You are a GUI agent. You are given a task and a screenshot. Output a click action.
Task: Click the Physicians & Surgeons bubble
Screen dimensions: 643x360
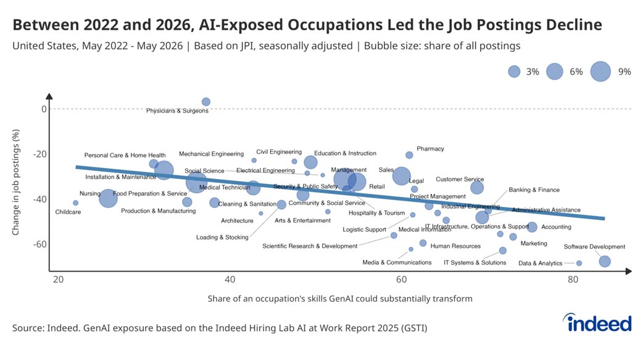tap(206, 102)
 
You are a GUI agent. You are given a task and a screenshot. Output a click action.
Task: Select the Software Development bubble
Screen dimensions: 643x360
tap(605, 261)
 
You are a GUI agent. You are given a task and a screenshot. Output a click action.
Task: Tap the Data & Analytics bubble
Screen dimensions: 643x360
tap(579, 263)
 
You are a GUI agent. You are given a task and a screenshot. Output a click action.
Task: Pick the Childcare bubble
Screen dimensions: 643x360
tap(75, 203)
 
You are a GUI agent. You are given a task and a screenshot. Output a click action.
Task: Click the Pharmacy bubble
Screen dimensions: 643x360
tap(409, 155)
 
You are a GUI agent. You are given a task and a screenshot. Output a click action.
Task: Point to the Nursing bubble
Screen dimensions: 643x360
tap(108, 198)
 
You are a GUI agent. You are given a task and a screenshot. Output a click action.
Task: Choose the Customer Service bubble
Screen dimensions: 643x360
tap(476, 188)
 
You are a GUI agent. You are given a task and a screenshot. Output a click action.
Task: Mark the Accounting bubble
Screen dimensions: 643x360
tap(532, 227)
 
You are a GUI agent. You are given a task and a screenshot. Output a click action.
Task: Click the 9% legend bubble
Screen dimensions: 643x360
tap(600, 72)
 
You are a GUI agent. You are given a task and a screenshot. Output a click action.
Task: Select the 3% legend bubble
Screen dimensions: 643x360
tap(514, 72)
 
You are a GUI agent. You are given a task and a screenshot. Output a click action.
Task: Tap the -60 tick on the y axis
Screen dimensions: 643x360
tap(39, 245)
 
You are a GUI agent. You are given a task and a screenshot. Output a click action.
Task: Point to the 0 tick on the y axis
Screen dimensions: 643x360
tap(44, 109)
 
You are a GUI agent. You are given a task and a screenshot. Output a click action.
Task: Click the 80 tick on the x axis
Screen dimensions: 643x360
tap(573, 280)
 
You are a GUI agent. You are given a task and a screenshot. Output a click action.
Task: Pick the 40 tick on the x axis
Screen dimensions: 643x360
tap(230, 280)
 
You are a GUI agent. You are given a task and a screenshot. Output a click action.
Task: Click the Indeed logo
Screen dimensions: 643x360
tap(597, 323)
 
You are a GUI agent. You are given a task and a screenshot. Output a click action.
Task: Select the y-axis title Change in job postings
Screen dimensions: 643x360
tap(16, 182)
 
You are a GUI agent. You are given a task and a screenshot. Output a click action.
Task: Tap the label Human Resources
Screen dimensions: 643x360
tap(455, 246)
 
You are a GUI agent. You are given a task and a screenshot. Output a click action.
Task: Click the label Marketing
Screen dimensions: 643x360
tap(534, 243)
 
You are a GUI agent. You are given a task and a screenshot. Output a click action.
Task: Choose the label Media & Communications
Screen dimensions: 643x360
tap(397, 262)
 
